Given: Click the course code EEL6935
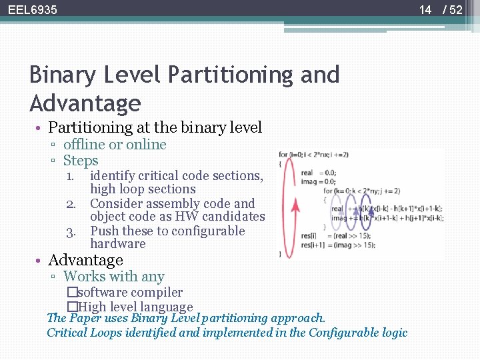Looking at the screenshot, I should [33, 10].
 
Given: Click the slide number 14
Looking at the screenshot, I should [425, 10].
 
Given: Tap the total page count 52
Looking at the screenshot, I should [456, 10].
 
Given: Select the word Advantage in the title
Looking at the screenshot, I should [85, 104].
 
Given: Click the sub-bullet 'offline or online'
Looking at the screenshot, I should [115, 145].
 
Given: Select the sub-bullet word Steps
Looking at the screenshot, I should [81, 161].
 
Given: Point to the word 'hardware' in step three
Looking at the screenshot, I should [117, 244].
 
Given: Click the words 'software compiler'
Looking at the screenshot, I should [130, 292].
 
